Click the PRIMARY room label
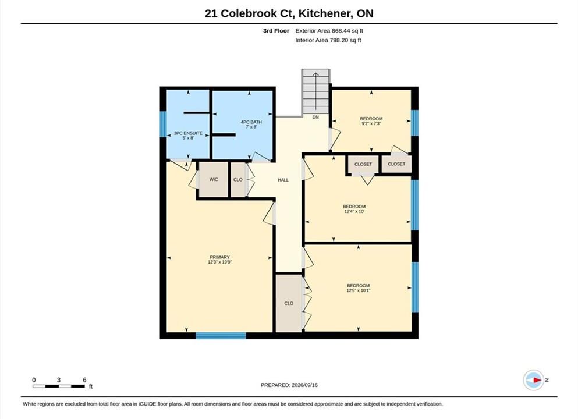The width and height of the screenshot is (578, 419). pyautogui.click(x=219, y=257)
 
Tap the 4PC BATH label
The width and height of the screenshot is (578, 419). pyautogui.click(x=251, y=122)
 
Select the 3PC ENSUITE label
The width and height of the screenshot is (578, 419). pyautogui.click(x=188, y=133)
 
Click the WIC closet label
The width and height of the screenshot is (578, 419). pyautogui.click(x=214, y=179)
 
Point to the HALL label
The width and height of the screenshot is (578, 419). pyautogui.click(x=283, y=180)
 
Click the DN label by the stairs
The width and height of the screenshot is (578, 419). pyautogui.click(x=315, y=117)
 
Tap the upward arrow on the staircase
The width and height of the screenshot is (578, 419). pyautogui.click(x=316, y=91)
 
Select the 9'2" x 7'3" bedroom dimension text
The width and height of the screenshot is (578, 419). pyautogui.click(x=371, y=124)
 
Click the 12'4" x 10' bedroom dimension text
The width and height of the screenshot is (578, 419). pyautogui.click(x=354, y=211)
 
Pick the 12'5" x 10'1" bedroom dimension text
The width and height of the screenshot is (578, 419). pyautogui.click(x=359, y=290)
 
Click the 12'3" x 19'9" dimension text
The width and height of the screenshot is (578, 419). pyautogui.click(x=219, y=262)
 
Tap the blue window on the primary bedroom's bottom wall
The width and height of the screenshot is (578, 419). pyautogui.click(x=221, y=335)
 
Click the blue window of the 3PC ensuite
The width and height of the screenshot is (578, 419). pyautogui.click(x=163, y=123)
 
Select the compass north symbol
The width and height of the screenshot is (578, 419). pyautogui.click(x=533, y=380)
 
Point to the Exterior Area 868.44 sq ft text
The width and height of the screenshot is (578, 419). pyautogui.click(x=329, y=31)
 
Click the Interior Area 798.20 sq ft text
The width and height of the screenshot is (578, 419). pyautogui.click(x=328, y=40)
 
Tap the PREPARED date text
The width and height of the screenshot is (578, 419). pyautogui.click(x=289, y=385)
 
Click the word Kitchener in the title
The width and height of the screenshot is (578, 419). pyautogui.click(x=324, y=13)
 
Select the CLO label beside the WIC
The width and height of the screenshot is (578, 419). pyautogui.click(x=238, y=180)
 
